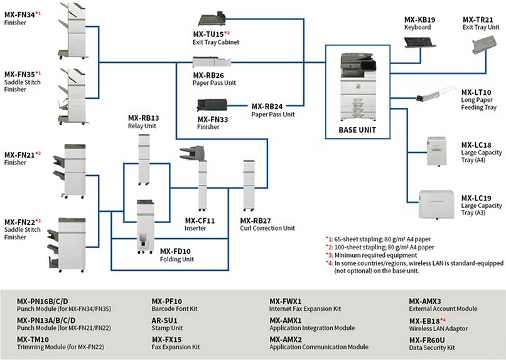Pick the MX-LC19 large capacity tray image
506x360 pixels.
point(436,202)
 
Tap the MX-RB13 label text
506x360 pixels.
point(143,117)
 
